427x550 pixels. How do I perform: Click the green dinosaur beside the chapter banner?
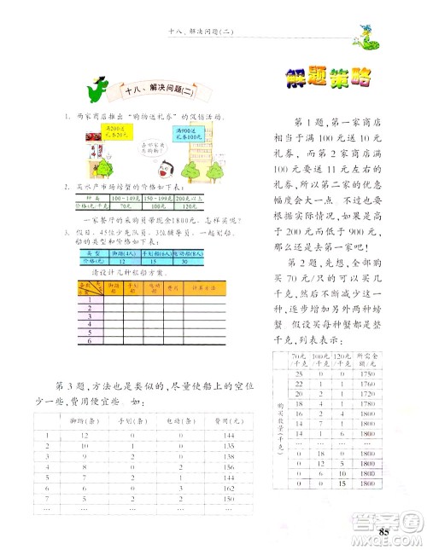pyautogui.click(x=101, y=87)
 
